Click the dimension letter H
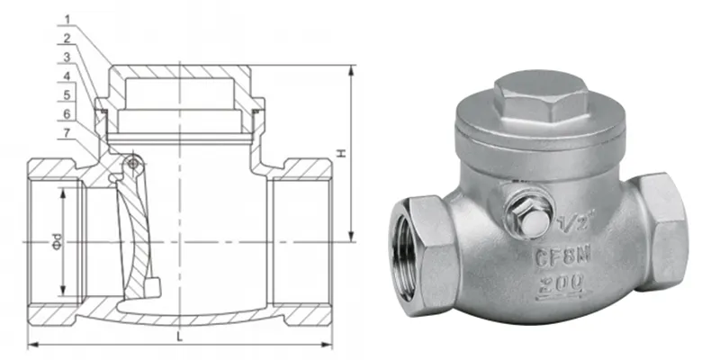(x=341, y=154)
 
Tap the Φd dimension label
(x=56, y=242)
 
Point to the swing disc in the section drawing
(x=132, y=238)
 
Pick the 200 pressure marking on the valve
(x=562, y=284)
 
